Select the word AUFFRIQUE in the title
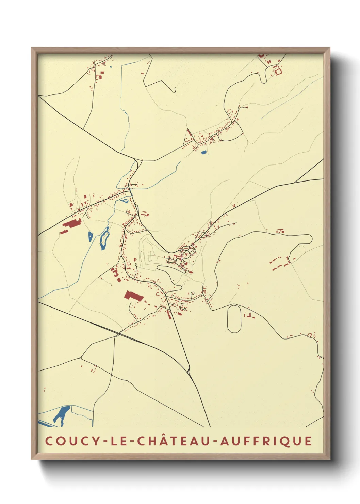pos(266,441)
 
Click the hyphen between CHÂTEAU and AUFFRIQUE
pos(215,442)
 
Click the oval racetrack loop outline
pos(234,319)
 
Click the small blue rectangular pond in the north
pos(204,152)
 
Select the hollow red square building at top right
pos(278,71)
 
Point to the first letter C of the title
pos(49,441)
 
